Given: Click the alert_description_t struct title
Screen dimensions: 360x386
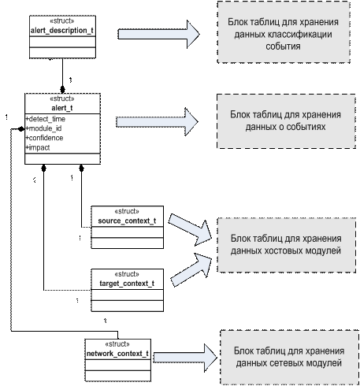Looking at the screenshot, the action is [62, 31].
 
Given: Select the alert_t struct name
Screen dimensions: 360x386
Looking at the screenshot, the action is [62, 108].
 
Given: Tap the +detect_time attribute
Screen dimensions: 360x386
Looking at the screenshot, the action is [46, 119].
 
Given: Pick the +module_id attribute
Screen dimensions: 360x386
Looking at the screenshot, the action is [43, 128].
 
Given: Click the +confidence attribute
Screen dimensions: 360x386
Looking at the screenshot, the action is [44, 138].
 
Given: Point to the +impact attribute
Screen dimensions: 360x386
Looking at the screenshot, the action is [38, 147].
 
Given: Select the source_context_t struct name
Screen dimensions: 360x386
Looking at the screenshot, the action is [127, 221].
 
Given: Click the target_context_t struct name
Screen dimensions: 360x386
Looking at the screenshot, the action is [127, 284].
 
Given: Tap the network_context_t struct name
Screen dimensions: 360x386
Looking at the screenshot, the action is [117, 354].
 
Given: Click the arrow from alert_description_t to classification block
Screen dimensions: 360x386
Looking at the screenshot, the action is [158, 34].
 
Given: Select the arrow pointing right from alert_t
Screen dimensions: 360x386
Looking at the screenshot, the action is [157, 121].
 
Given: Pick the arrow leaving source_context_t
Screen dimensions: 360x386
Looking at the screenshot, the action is [190, 230].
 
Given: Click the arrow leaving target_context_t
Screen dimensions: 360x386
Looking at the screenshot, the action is [191, 270].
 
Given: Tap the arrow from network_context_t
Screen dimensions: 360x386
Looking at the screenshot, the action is [185, 358].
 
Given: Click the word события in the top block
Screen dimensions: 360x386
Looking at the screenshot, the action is [283, 46].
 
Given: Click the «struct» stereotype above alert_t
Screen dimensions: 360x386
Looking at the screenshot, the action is [62, 98].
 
